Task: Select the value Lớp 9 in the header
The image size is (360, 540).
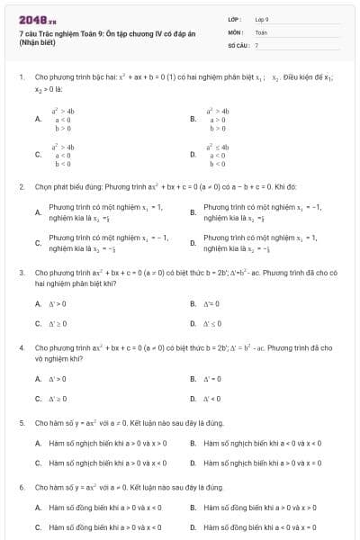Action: (x=262, y=18)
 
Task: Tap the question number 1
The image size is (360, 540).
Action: (x=21, y=78)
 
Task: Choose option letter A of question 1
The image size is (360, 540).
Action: (x=38, y=118)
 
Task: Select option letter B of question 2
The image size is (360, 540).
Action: (x=193, y=212)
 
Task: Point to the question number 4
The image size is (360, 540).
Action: (x=21, y=346)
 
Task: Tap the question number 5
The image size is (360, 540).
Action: (x=21, y=421)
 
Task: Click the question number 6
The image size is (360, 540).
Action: (x=21, y=486)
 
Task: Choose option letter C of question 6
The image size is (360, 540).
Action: (x=38, y=526)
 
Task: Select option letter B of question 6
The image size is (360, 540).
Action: (x=193, y=507)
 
